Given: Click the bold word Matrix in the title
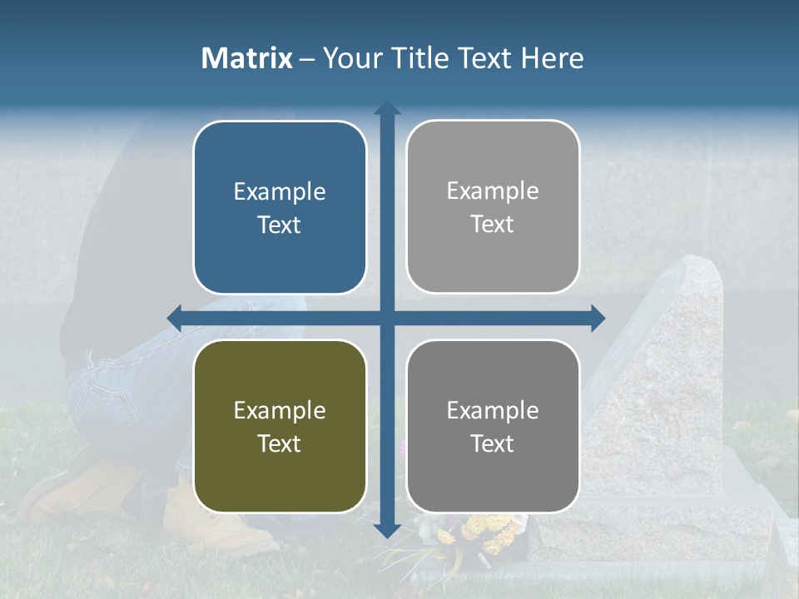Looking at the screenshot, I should click(246, 58).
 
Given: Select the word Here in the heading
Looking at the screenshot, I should click(552, 58).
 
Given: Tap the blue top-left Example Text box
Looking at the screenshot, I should click(280, 207).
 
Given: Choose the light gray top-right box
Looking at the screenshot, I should click(493, 207).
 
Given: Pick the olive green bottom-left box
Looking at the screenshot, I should click(280, 426).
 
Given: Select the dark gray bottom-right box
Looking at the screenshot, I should click(493, 426).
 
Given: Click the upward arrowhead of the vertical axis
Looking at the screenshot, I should click(386, 108).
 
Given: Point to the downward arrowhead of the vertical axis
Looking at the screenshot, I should click(386, 531).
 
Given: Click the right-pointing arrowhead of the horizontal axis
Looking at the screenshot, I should click(598, 318).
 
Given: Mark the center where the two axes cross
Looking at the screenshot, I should click(386, 318).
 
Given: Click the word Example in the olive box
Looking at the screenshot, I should click(280, 410).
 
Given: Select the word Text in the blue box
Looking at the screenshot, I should click(280, 225).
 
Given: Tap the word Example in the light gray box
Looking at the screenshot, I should click(493, 191).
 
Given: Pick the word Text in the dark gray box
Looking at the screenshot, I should click(493, 443).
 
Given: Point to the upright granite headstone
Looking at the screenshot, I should click(674, 374).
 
